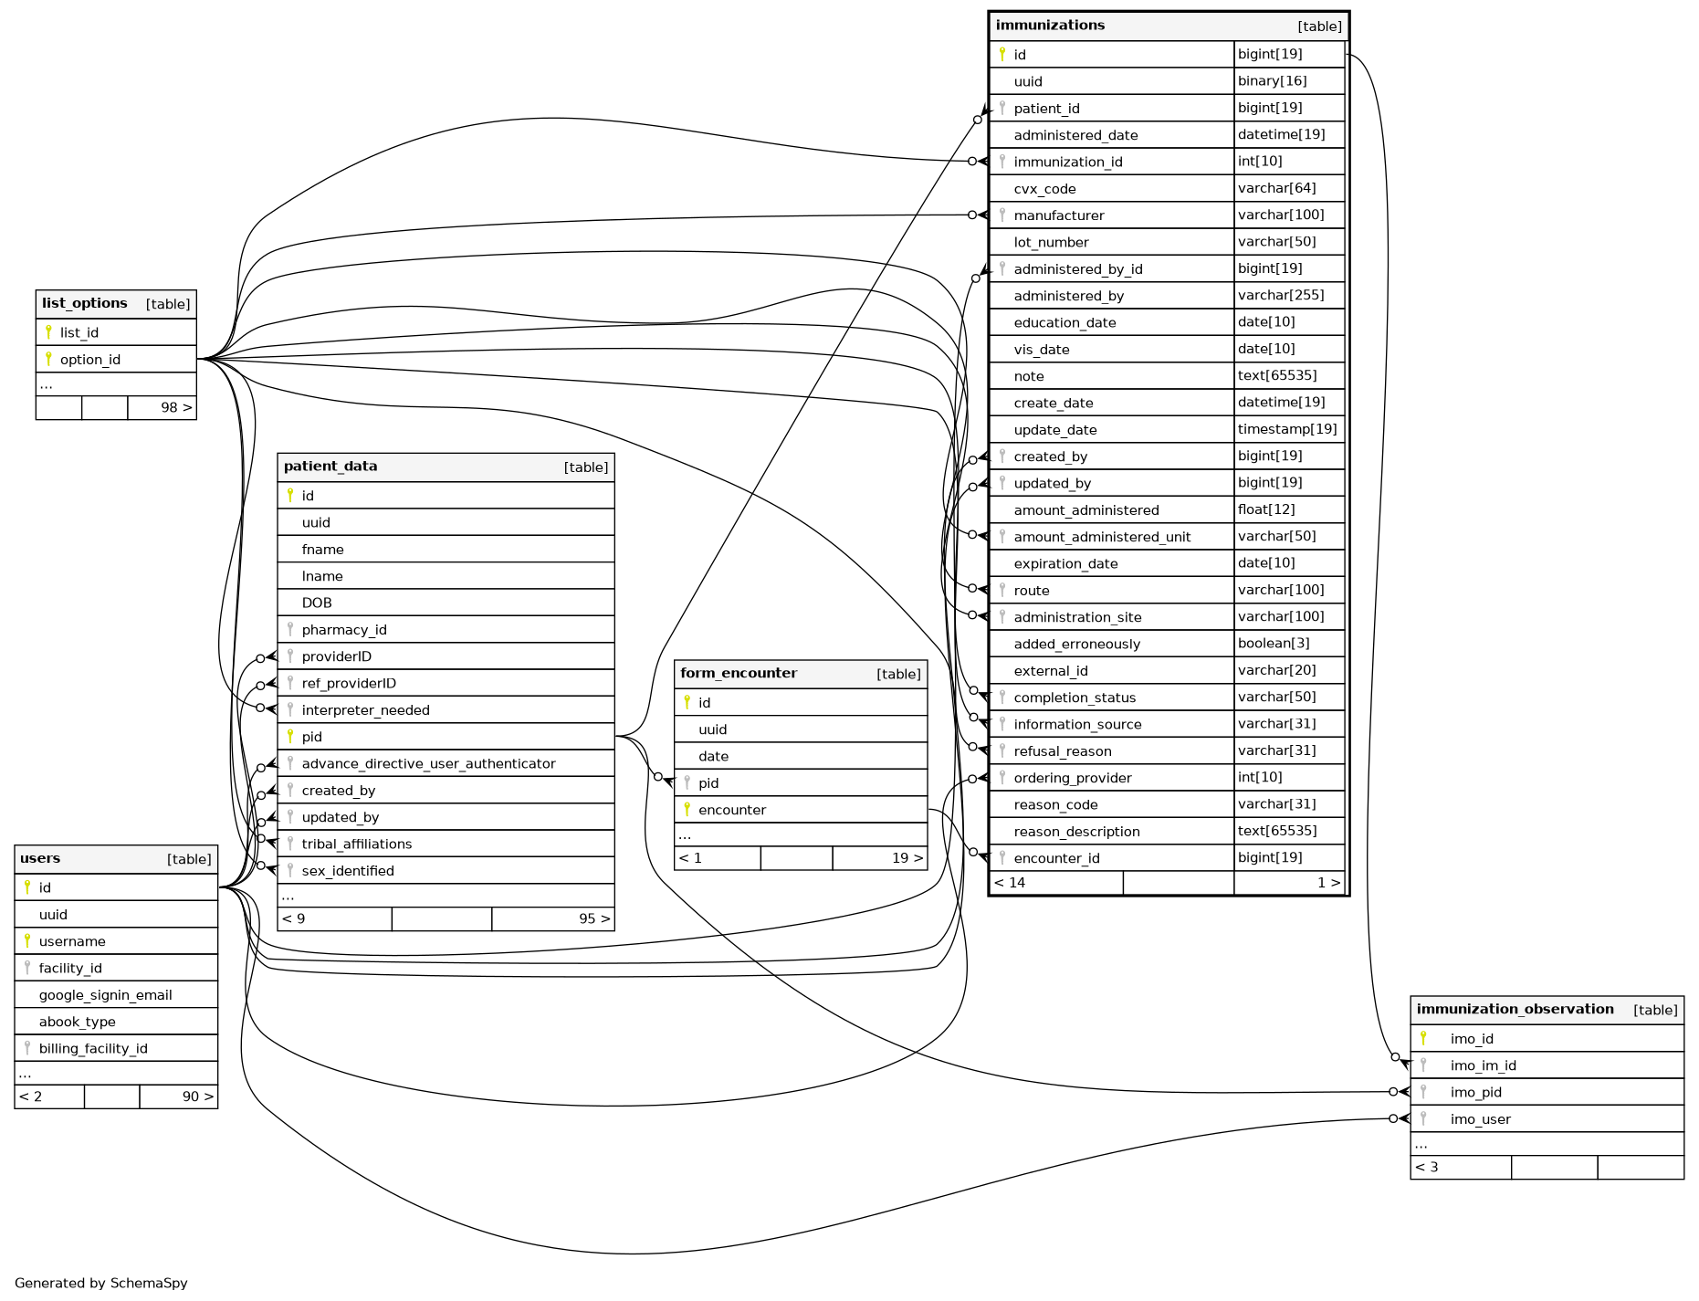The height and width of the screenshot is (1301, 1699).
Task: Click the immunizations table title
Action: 1050,26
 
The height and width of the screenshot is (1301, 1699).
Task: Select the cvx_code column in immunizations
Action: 1044,189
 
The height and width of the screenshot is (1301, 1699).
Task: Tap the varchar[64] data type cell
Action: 1276,188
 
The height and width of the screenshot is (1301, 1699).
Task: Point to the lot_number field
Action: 1051,243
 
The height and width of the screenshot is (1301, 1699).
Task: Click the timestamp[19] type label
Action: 1286,429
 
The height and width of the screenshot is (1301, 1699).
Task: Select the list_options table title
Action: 85,304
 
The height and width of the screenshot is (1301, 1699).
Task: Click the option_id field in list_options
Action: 90,360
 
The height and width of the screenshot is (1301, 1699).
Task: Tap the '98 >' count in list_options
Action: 176,408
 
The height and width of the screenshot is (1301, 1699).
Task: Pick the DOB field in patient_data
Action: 317,603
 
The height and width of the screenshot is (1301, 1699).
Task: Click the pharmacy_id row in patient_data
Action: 344,630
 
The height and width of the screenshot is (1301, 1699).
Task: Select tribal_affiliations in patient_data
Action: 357,845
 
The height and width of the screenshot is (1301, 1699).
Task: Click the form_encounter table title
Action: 739,674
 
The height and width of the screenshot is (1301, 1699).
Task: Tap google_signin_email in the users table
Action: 106,996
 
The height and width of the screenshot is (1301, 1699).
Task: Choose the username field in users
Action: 72,942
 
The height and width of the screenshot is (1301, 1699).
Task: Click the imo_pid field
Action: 1475,1093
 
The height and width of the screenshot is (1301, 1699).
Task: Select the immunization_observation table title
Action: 1515,1010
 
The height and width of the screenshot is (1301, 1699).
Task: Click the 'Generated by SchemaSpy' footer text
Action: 101,1284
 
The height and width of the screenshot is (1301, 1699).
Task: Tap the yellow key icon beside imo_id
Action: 1423,1038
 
